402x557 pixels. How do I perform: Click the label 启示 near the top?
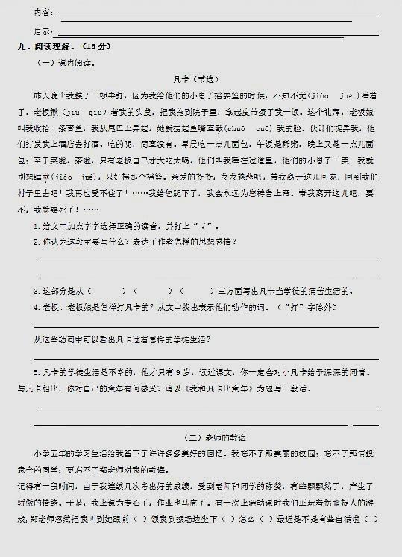tap(43, 31)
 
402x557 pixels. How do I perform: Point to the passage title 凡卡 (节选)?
tap(201, 78)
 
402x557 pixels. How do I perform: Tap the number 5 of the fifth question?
tap(36, 372)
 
